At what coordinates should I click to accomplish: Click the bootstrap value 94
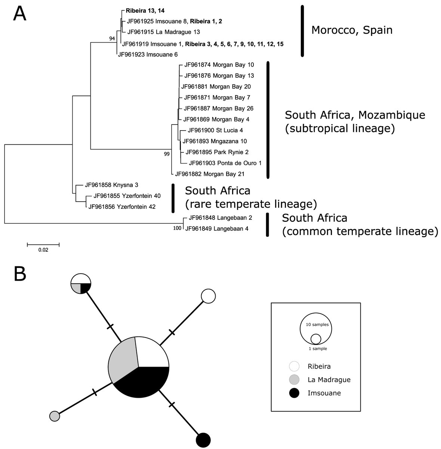click(x=112, y=39)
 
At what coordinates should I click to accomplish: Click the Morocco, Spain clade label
click(x=352, y=30)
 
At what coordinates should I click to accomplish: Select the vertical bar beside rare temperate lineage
click(x=173, y=198)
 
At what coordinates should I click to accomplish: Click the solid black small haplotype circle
click(x=204, y=439)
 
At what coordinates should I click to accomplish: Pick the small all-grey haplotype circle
click(x=55, y=416)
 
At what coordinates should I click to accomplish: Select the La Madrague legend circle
click(x=294, y=380)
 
